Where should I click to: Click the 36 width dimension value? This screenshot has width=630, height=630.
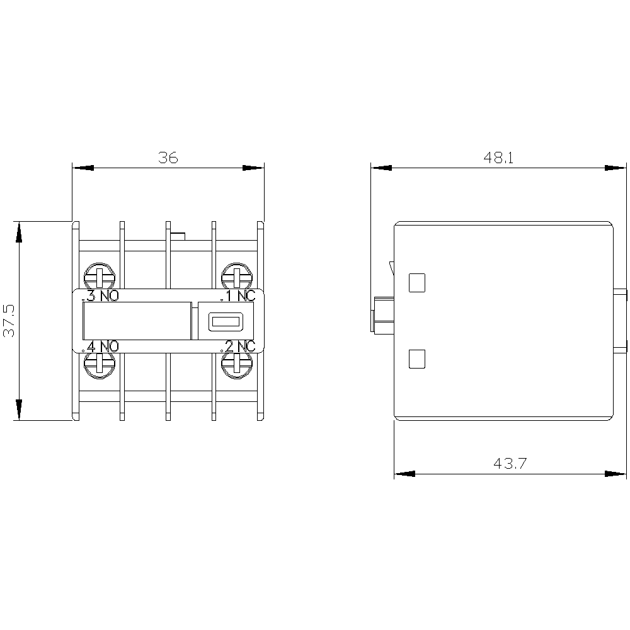168,158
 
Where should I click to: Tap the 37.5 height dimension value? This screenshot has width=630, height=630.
9,321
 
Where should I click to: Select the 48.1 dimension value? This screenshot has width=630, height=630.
498,158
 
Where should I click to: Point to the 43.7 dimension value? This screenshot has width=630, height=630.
510,464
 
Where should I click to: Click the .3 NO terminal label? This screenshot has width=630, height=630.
100,296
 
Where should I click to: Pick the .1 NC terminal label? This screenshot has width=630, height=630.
238,296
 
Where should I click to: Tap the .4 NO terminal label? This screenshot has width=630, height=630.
100,346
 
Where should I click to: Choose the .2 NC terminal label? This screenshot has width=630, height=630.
238,346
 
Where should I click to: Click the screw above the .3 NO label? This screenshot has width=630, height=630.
100,277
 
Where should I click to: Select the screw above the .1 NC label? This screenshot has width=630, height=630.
237,277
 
